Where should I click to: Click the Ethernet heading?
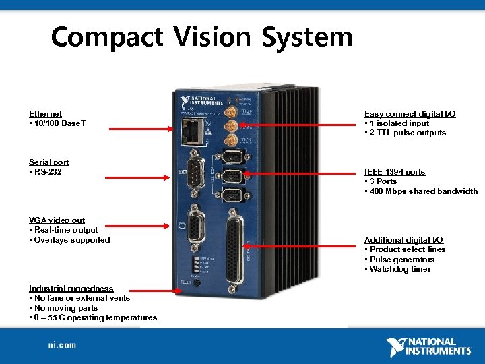[45, 114]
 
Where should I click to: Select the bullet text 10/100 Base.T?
[59, 124]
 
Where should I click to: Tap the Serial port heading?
[48, 162]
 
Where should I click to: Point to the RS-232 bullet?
[48, 172]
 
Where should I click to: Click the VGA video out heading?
[57, 220]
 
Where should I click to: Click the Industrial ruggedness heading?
[71, 289]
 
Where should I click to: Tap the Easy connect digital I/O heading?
[410, 114]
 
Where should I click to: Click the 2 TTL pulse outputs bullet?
[407, 133]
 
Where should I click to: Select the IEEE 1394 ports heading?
[395, 172]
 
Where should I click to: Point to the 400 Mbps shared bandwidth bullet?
[421, 191]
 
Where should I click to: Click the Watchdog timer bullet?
[399, 270]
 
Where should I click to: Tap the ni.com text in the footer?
[61, 345]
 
